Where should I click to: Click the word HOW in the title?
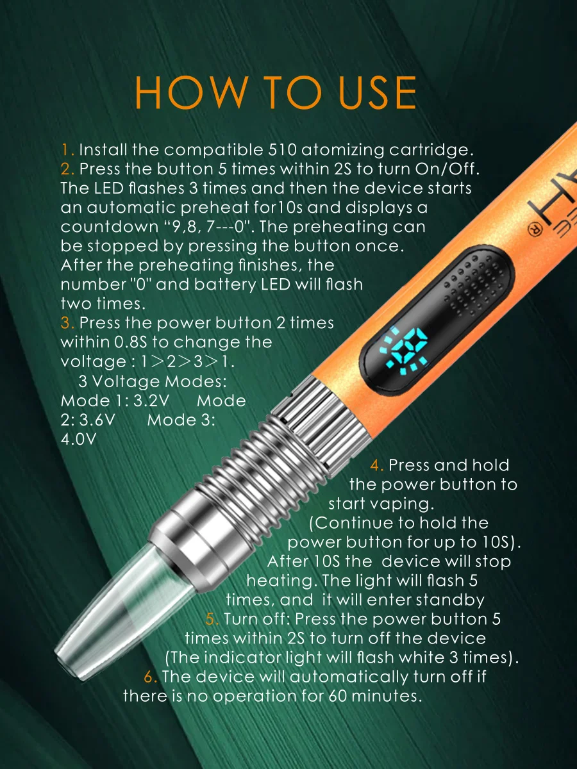pyautogui.click(x=191, y=92)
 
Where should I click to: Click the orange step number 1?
pyautogui.click(x=67, y=149)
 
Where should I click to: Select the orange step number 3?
pyautogui.click(x=67, y=323)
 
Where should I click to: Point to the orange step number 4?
pyautogui.click(x=377, y=465)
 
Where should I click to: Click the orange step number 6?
pyautogui.click(x=150, y=677)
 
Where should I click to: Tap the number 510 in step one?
pyautogui.click(x=283, y=149)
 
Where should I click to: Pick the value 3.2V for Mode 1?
pyautogui.click(x=151, y=401)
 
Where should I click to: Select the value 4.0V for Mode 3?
pyautogui.click(x=78, y=439)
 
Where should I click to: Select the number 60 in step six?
pyautogui.click(x=338, y=696)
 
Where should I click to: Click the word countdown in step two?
pyautogui.click(x=110, y=227)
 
